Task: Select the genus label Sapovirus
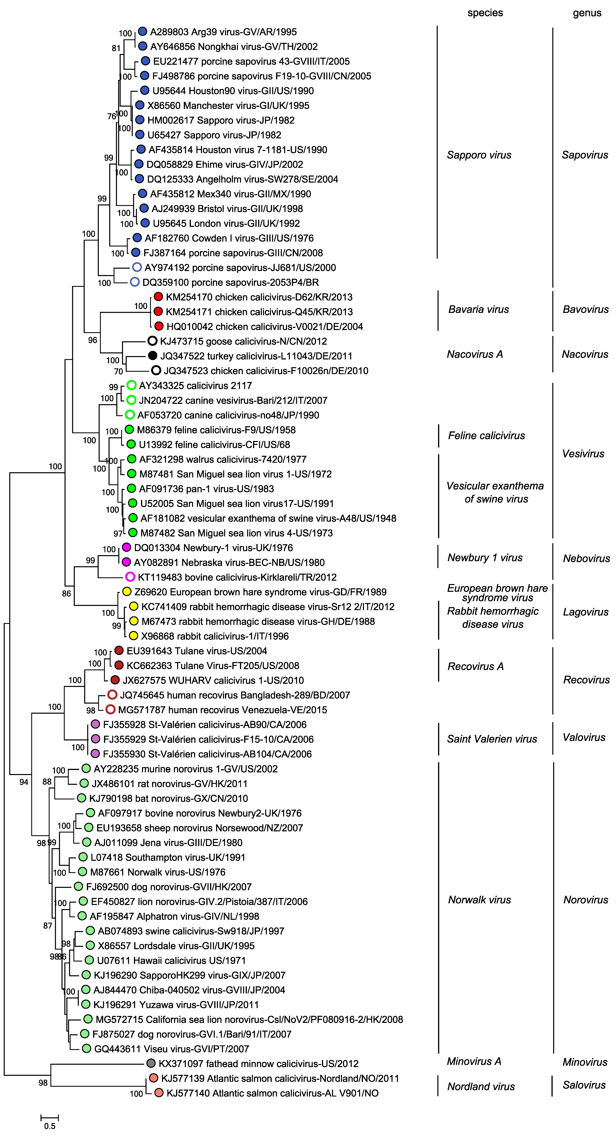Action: tap(585, 155)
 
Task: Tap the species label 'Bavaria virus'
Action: tap(479, 309)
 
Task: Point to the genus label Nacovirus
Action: tap(585, 354)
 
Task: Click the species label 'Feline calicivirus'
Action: tap(486, 436)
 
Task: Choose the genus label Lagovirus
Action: tap(586, 612)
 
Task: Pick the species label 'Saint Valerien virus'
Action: tap(492, 739)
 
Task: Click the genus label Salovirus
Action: tap(584, 1085)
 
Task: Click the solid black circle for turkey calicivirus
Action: tap(152, 355)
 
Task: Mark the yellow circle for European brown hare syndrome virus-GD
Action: tap(127, 591)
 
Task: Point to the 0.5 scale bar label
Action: tap(50, 1126)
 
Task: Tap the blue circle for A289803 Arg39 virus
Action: tap(142, 31)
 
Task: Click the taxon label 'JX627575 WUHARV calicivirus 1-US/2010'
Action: tap(213, 680)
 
